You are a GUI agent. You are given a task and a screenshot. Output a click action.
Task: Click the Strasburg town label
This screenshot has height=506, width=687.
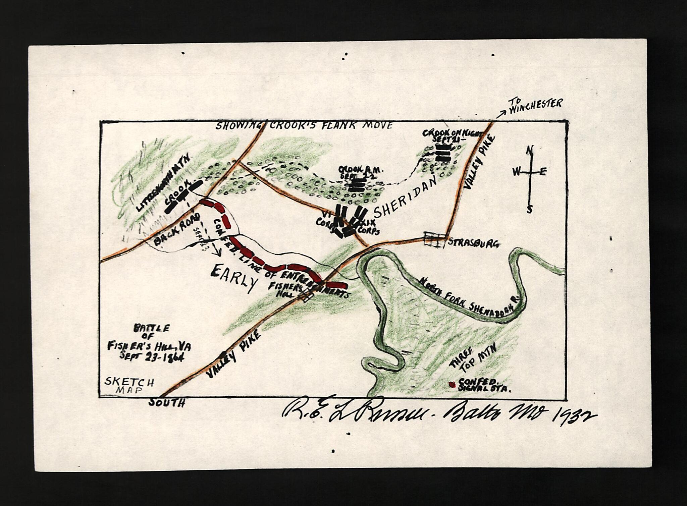click(x=474, y=243)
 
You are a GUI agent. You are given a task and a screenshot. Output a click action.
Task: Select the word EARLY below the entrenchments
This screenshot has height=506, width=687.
click(x=233, y=278)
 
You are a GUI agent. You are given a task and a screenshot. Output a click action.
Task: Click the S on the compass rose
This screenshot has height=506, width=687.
click(x=529, y=209)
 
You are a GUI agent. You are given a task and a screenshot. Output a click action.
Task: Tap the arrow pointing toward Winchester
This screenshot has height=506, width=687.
click(x=501, y=114)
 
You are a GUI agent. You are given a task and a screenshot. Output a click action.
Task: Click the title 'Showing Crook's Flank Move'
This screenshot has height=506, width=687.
click(x=304, y=126)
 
